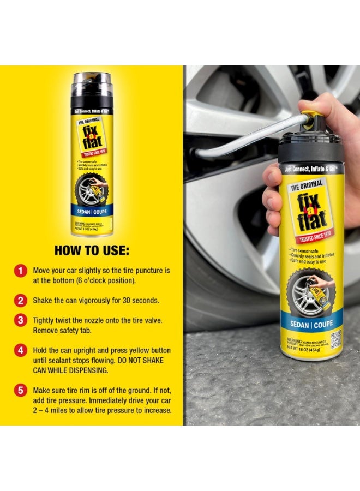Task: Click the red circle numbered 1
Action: (20, 271)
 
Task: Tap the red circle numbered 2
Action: (20, 300)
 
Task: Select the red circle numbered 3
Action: (20, 321)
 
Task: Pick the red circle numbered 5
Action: (20, 391)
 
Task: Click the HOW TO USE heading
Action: (92, 250)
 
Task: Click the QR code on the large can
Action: (335, 338)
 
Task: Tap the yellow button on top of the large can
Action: (312, 117)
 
